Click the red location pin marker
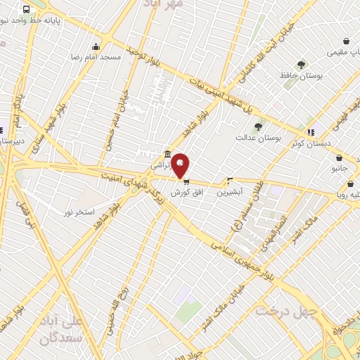pos(181,165)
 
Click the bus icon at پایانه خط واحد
pos(27,10)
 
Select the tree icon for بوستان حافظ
pos(301,65)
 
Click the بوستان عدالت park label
pos(259,139)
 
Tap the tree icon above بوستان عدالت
pos(258,127)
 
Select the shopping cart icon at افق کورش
pos(186,181)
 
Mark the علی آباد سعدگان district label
pos(83,330)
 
